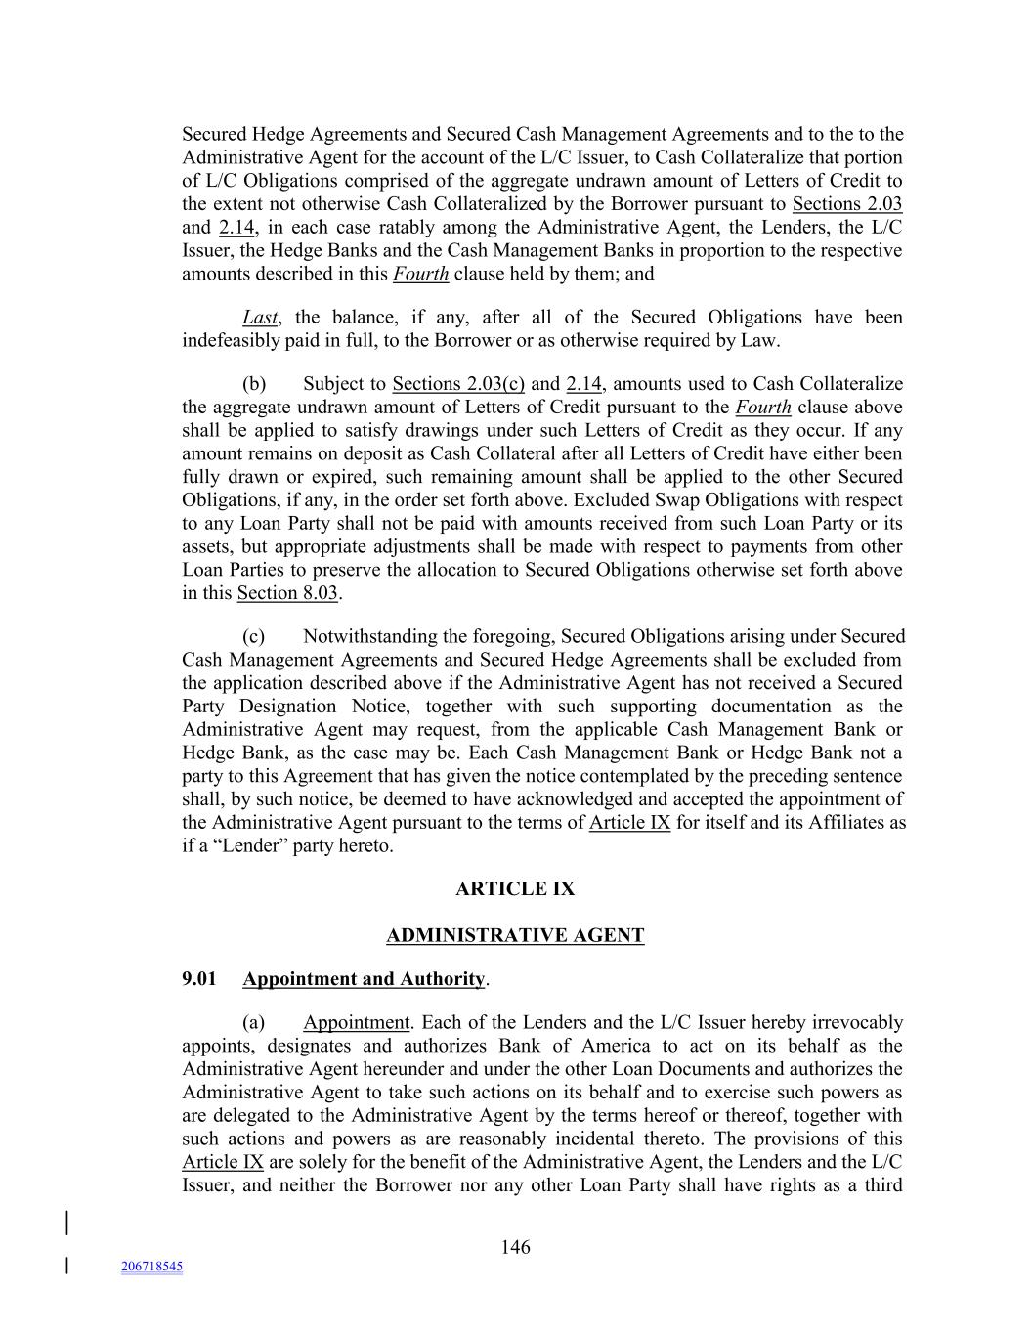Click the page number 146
[515, 1247]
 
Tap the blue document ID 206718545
[151, 1267]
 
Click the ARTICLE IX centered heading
[515, 889]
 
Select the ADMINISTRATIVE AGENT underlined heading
[515, 936]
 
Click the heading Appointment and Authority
[364, 979]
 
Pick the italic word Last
[260, 318]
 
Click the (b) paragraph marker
[254, 384]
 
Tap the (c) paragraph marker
[254, 637]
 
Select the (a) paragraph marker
[254, 1023]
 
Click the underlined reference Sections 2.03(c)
[457, 384]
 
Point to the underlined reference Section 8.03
[287, 593]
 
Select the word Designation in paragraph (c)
[275, 707]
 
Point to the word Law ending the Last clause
[759, 341]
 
